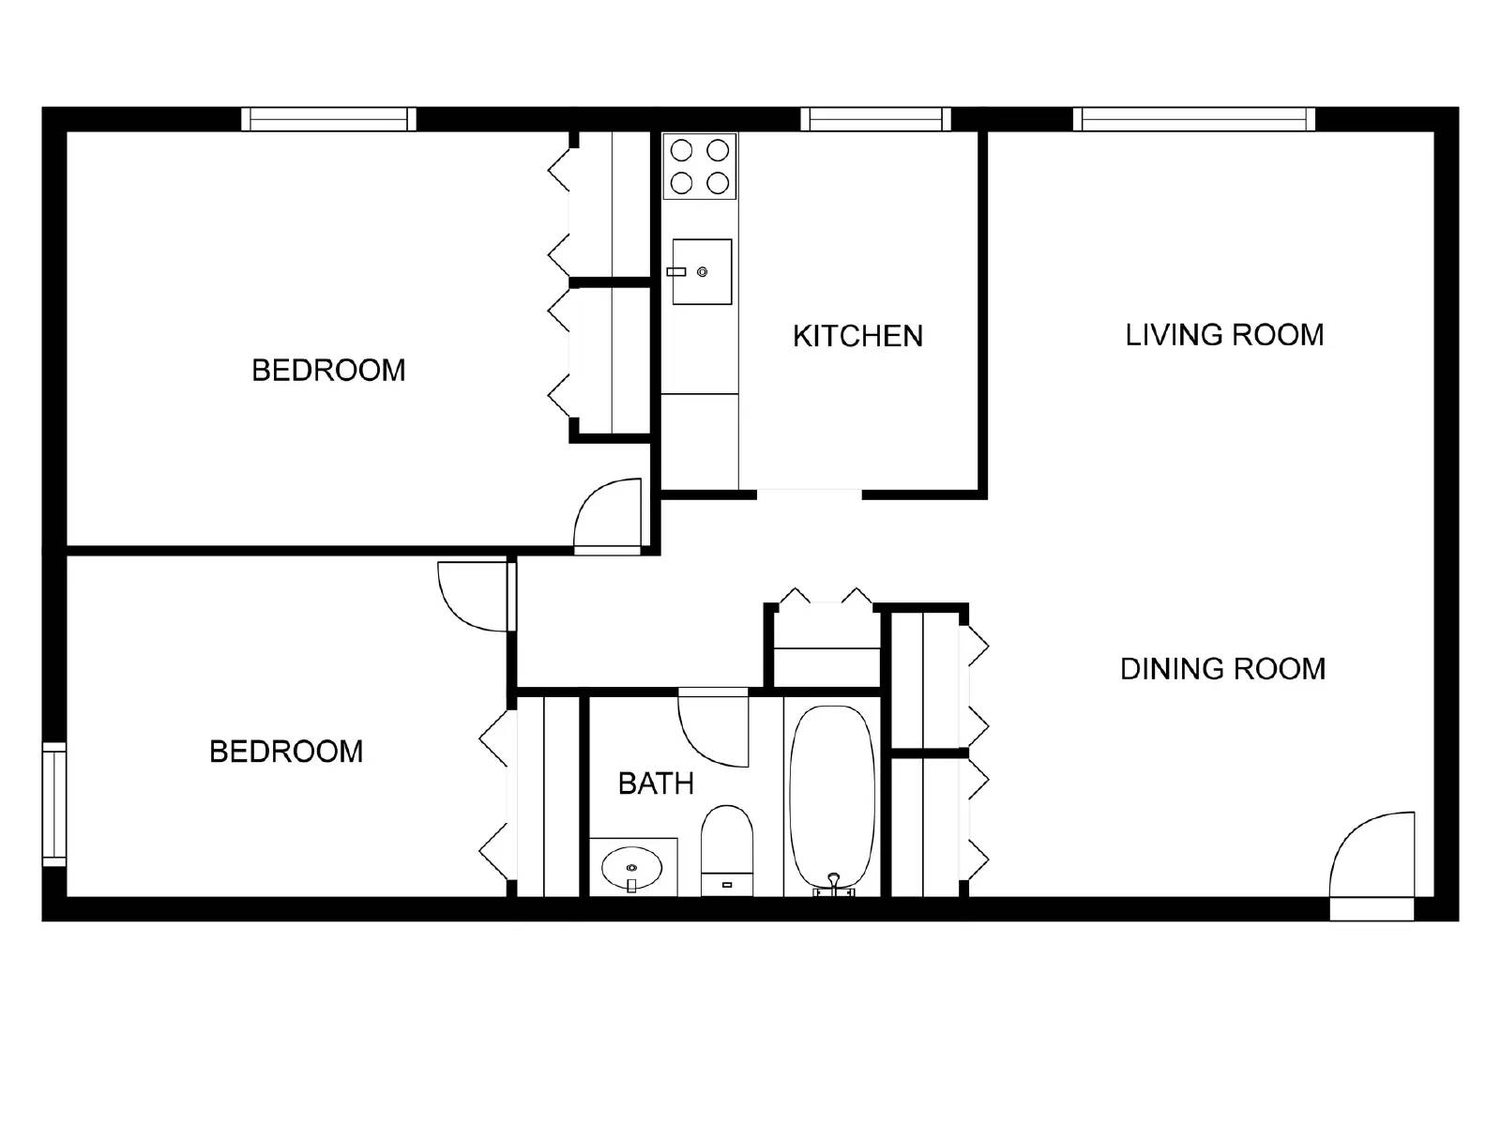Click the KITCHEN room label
(857, 336)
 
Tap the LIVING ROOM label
(1224, 335)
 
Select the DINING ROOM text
(1222, 669)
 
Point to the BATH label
(656, 784)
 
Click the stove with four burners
(700, 166)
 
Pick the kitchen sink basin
(702, 272)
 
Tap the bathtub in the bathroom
(833, 798)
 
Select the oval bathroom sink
(631, 868)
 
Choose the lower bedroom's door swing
(474, 596)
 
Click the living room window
(1193, 119)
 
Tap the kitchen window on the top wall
(875, 119)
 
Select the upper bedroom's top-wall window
(328, 119)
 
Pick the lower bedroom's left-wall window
(54, 804)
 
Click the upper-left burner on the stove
(682, 150)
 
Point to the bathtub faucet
(833, 882)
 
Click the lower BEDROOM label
(286, 752)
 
